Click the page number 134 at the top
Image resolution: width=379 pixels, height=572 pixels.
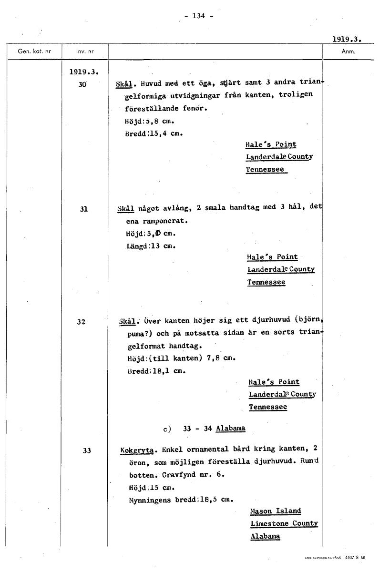197,16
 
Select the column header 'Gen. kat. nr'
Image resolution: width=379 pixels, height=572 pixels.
34,51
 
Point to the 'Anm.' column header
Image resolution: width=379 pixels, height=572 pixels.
349,51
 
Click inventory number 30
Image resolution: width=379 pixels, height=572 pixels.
82,84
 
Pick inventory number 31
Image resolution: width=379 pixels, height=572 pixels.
83,208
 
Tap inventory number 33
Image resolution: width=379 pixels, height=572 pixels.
86,450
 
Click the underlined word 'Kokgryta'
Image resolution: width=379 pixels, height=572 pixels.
137,449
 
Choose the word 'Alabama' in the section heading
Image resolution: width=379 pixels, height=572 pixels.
231,428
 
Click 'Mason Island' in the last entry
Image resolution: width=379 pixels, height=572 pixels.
276,511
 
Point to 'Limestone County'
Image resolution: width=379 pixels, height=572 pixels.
284,523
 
